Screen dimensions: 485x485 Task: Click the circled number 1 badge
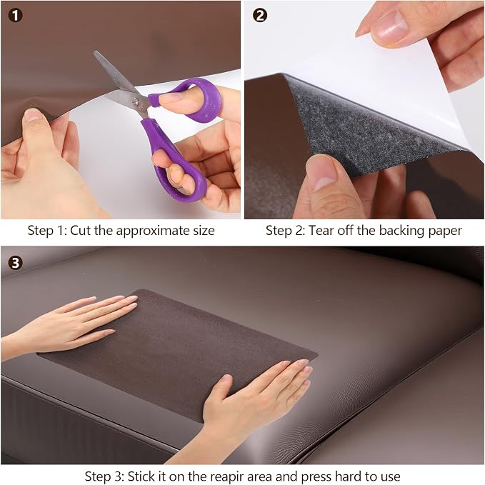pyautogui.click(x=15, y=15)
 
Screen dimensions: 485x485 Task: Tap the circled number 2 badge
pyautogui.click(x=260, y=15)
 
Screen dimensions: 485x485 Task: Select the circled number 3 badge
pyautogui.click(x=15, y=263)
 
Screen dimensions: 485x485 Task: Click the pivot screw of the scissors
pyautogui.click(x=136, y=101)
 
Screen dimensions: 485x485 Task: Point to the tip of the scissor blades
pyautogui.click(x=96, y=53)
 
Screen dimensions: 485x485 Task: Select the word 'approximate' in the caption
pyautogui.click(x=153, y=231)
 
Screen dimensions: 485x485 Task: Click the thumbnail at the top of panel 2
pyautogui.click(x=389, y=29)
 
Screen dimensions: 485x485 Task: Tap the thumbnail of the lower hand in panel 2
pyautogui.click(x=321, y=173)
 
